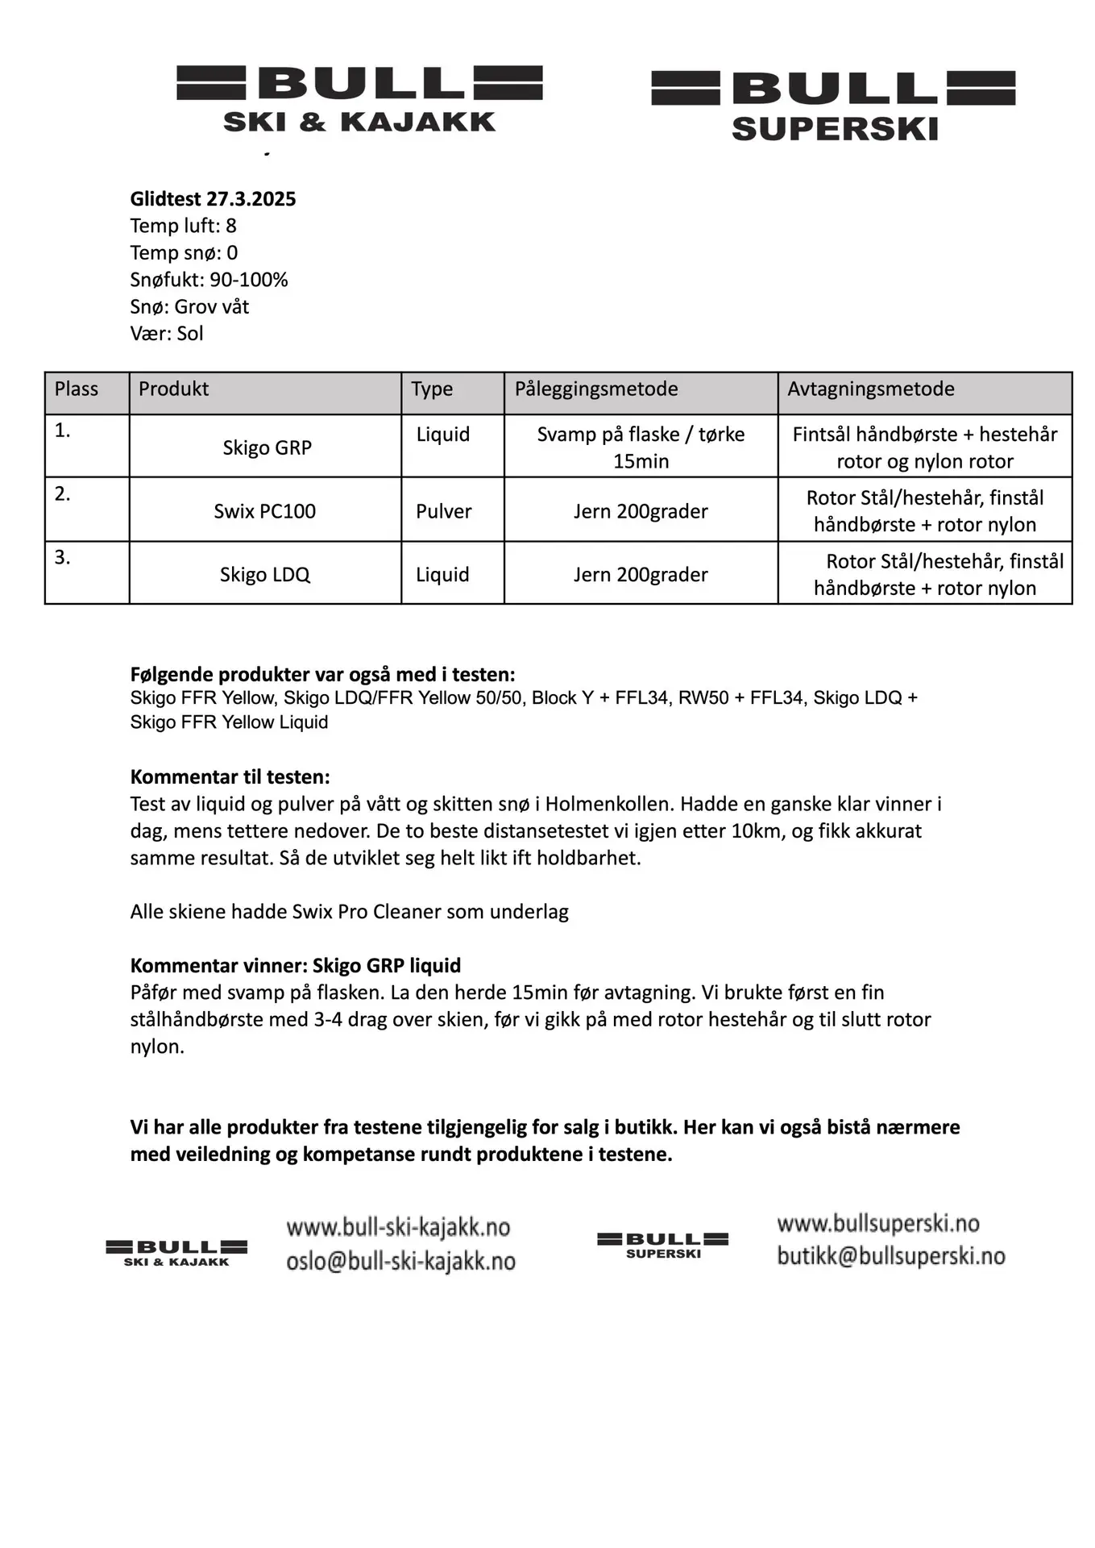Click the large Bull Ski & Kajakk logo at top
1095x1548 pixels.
click(x=359, y=99)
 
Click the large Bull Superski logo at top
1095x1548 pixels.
click(x=833, y=105)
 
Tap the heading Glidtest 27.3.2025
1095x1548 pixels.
click(x=213, y=199)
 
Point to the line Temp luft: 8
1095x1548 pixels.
click(x=183, y=226)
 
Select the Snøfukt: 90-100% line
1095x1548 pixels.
click(x=209, y=280)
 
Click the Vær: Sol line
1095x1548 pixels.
click(x=167, y=334)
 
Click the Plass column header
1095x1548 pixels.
click(x=77, y=389)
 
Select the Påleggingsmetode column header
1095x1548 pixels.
click(x=596, y=389)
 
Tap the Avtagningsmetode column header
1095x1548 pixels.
click(x=870, y=389)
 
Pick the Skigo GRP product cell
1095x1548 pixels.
click(x=267, y=448)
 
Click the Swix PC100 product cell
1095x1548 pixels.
click(x=264, y=511)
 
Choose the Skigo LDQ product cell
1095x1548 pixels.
click(x=264, y=575)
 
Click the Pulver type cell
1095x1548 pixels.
click(x=443, y=511)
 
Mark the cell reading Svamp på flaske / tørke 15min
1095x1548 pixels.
click(x=641, y=447)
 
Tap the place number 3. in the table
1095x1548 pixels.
click(x=63, y=558)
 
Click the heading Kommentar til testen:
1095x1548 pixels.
click(x=230, y=777)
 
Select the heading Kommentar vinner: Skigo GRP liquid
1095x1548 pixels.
click(x=295, y=966)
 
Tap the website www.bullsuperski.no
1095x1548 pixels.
click(x=877, y=1224)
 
